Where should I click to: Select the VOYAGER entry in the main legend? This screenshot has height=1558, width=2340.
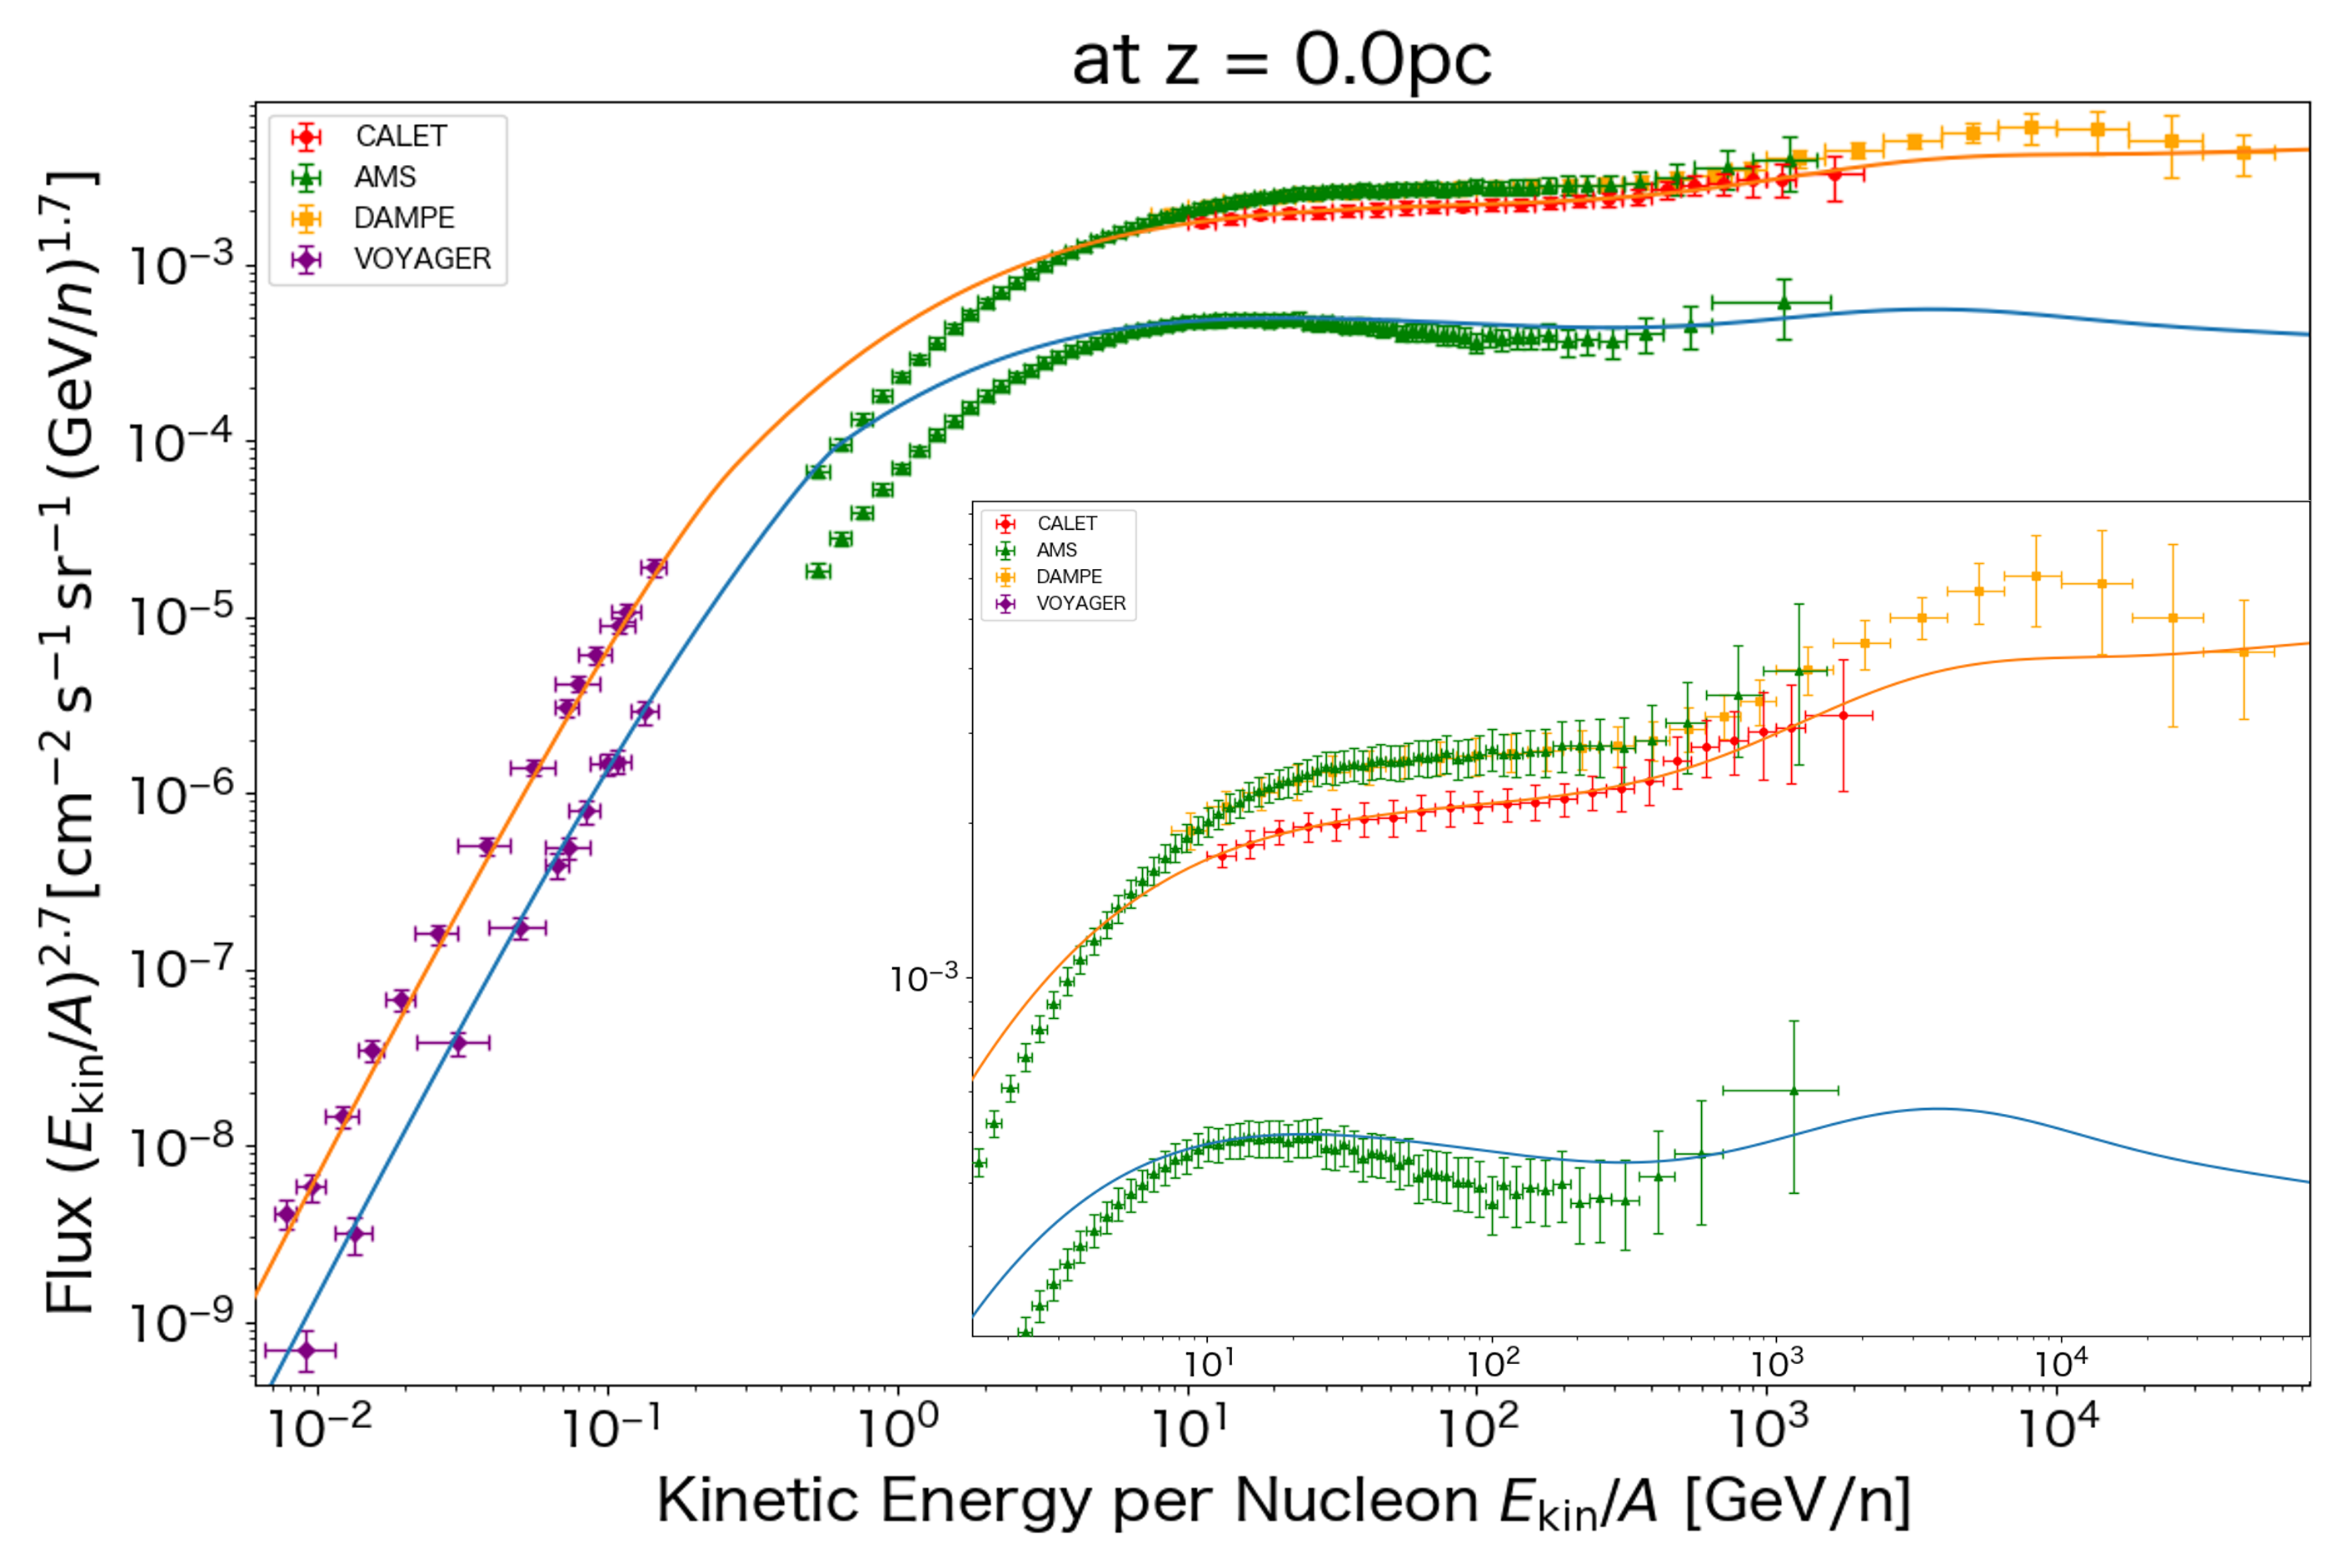pos(422,259)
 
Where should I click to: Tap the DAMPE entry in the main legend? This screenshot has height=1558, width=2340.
pos(403,217)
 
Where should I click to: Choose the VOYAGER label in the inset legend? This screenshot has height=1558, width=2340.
pos(1080,603)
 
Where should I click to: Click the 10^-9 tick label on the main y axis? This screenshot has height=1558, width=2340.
pos(182,1322)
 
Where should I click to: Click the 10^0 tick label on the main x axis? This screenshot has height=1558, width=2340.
pos(898,1428)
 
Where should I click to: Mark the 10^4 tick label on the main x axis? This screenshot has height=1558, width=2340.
pos(2060,1428)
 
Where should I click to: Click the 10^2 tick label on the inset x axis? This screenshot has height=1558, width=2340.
pos(1493,1364)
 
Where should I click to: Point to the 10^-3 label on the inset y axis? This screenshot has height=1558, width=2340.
pos(924,979)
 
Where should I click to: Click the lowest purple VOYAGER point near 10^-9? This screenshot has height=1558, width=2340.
pos(307,1351)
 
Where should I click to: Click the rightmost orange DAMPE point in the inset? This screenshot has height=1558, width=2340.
pos(2243,652)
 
